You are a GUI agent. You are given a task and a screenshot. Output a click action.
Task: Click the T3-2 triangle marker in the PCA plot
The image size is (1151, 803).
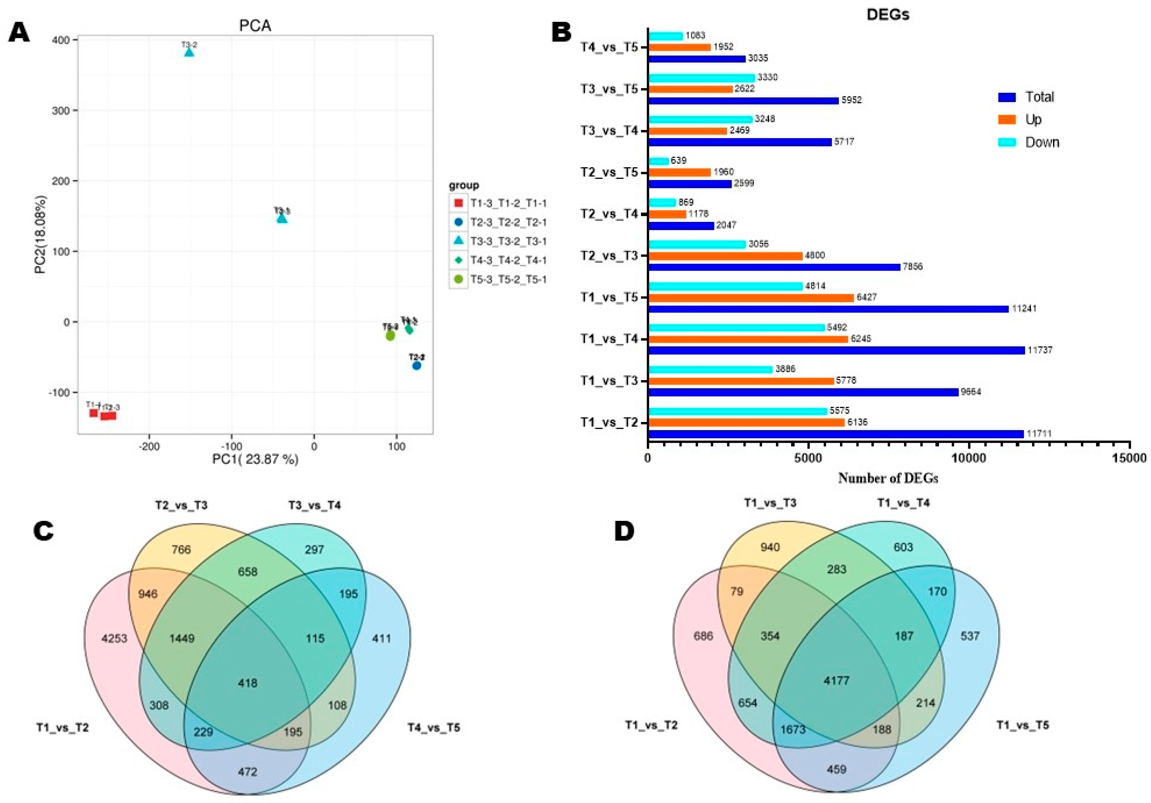(x=189, y=52)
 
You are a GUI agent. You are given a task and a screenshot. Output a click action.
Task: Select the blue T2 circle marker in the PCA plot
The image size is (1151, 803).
(x=417, y=366)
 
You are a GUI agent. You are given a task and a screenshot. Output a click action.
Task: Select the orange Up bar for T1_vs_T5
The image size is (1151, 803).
(x=751, y=297)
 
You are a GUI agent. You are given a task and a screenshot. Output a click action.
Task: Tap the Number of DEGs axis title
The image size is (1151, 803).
(x=888, y=478)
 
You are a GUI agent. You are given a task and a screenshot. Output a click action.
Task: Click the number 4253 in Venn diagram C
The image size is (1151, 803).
(x=114, y=639)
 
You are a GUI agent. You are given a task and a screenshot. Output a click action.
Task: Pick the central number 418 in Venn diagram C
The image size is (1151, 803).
(x=248, y=683)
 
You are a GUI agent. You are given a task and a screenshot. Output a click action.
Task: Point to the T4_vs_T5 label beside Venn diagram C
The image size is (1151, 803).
(x=433, y=727)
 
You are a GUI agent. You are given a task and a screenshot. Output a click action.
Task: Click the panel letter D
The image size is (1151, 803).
(x=624, y=532)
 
